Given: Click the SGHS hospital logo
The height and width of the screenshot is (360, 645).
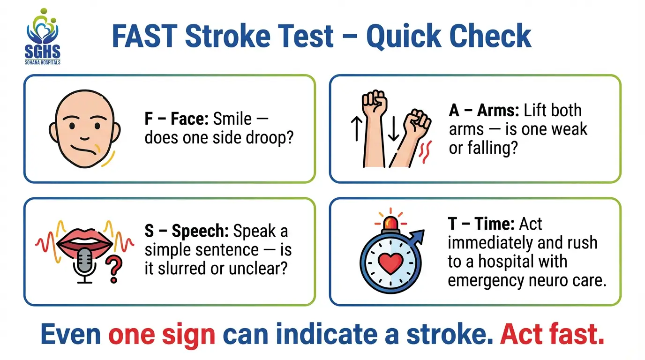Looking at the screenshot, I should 42,37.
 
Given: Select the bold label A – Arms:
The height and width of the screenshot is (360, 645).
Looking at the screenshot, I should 483,111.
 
